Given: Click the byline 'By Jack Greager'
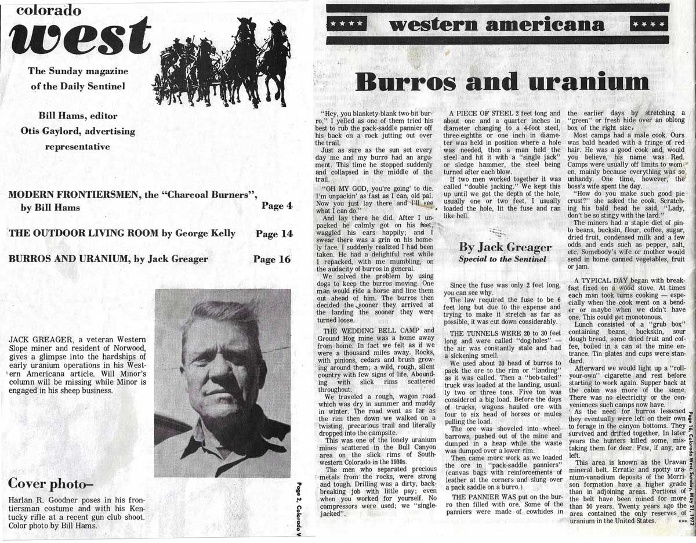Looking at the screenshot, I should (x=505, y=248).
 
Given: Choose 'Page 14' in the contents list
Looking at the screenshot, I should (x=273, y=233).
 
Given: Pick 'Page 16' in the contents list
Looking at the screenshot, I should (x=271, y=259).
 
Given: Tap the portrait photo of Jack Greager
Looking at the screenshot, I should (x=222, y=382).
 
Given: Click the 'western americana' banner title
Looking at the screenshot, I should (x=498, y=25).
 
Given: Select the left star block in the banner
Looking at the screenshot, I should (x=347, y=25).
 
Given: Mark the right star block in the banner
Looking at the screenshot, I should (x=648, y=25).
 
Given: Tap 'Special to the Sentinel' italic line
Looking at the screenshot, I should (x=503, y=259).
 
